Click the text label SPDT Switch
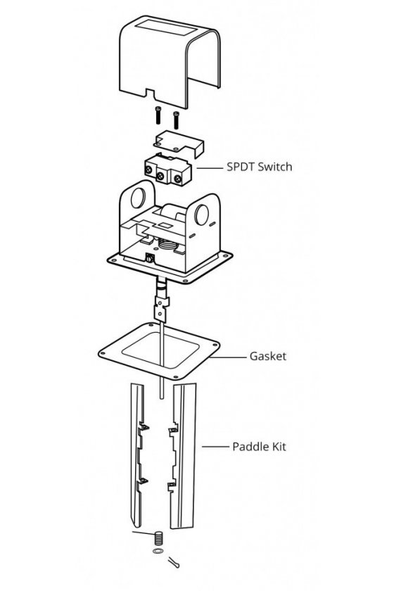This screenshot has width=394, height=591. coord(260,167)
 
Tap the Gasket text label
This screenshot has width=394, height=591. coord(267,356)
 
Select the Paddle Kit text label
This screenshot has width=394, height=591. coord(259,447)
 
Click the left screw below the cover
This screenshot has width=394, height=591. coord(158,115)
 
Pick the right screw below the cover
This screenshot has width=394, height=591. coord(176,120)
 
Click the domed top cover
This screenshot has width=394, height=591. coord(170,61)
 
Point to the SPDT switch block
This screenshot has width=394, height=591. coord(167,171)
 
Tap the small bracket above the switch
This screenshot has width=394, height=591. coord(179,144)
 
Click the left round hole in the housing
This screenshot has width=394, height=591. coord(138,198)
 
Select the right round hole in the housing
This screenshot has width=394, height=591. coord(202,214)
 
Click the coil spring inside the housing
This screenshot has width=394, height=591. coord(167,246)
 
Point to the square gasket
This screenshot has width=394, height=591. coord(159,350)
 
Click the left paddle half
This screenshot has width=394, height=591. coord(138,455)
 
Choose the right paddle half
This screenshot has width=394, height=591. coord(183,455)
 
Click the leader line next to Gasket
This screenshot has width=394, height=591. coord(228,357)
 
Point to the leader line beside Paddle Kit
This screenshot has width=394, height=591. coord(215,447)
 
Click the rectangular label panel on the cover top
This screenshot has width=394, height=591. coord(166,28)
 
